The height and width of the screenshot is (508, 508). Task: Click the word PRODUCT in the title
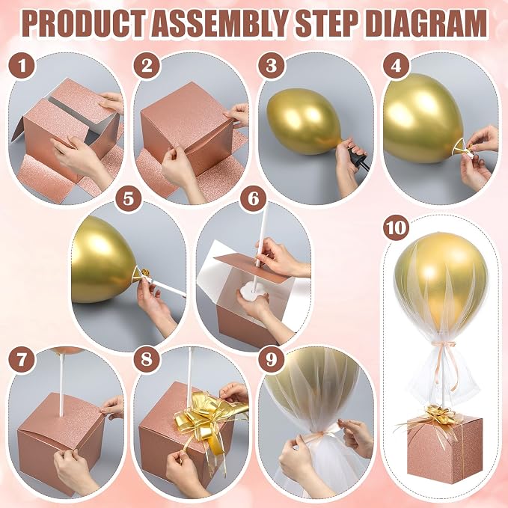[85, 24]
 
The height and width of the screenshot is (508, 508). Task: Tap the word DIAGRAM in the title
[428, 24]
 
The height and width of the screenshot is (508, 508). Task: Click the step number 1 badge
[22, 66]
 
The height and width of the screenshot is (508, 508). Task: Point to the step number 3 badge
[271, 66]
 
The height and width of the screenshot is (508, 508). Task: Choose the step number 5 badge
[129, 198]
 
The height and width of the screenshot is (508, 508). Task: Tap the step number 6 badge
[254, 198]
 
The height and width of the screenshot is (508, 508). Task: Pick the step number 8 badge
[147, 359]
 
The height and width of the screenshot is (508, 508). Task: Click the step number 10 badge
[396, 227]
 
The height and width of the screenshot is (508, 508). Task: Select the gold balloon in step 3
[305, 121]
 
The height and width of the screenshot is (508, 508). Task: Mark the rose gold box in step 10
[444, 452]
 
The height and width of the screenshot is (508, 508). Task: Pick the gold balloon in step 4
[422, 118]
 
